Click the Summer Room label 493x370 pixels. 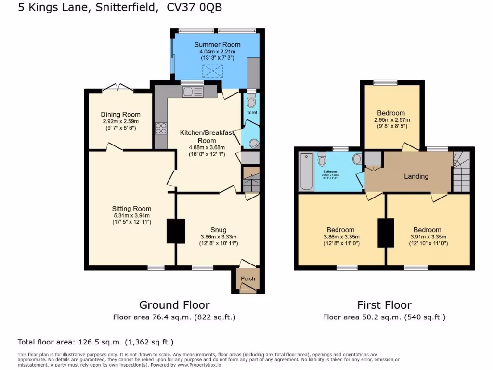click(217, 45)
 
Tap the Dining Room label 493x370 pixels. click(120, 114)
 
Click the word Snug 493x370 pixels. click(218, 230)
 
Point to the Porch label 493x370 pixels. click(248, 278)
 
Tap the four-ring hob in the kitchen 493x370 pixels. click(160, 129)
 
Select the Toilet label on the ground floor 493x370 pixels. click(252, 112)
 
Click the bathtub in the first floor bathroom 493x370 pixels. click(306, 172)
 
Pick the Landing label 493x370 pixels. click(416, 176)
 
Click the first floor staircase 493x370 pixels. click(461, 172)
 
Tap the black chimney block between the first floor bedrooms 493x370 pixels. click(386, 233)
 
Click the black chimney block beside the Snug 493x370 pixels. click(176, 231)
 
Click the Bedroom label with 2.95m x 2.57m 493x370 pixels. click(391, 113)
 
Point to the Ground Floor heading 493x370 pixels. click(174, 305)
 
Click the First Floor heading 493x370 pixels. click(384, 305)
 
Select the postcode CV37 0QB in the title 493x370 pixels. click(195, 8)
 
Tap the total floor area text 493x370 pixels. click(95, 342)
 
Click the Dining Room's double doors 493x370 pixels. click(118, 88)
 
